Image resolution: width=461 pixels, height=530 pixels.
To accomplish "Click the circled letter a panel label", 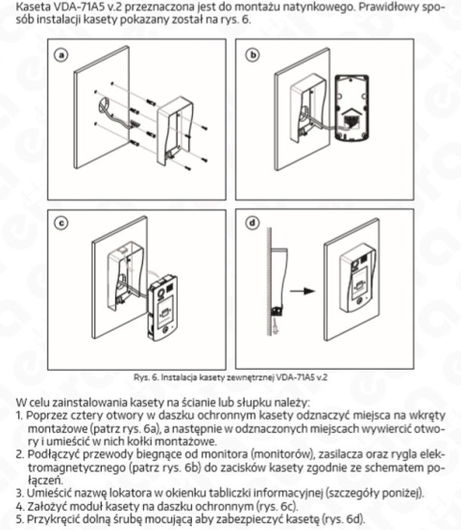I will coord(63,57).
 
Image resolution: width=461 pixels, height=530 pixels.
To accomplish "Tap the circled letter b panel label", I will coord(253,57).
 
